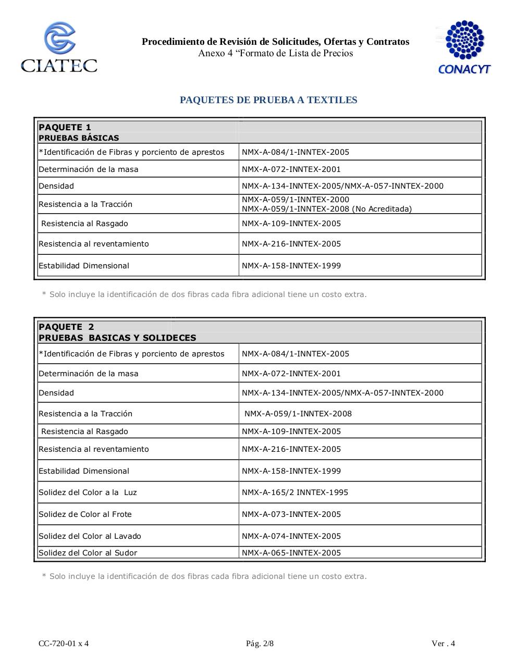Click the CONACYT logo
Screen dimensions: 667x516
pos(464,47)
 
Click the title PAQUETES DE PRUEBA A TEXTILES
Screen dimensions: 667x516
pos(268,100)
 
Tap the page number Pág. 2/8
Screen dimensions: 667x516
pos(260,643)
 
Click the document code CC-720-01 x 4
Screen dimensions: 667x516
pos(64,643)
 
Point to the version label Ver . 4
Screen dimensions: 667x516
pos(443,643)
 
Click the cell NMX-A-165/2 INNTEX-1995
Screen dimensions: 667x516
pos(295,492)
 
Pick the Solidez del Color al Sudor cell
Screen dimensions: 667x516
pos(88,553)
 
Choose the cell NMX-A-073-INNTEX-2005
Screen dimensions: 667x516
pos(291,514)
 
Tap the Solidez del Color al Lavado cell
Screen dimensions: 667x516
pos(90,536)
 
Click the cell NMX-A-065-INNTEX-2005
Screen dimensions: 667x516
pos(291,553)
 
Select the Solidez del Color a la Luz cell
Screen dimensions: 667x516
pos(88,492)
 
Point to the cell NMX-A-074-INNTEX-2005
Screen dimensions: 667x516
pos(291,536)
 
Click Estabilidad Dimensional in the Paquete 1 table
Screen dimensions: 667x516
pos(84,266)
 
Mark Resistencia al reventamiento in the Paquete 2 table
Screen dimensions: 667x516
pos(94,449)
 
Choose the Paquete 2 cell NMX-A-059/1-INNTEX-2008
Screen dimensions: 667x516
pos(298,414)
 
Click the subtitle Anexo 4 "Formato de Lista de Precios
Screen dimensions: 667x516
pos(275,53)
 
